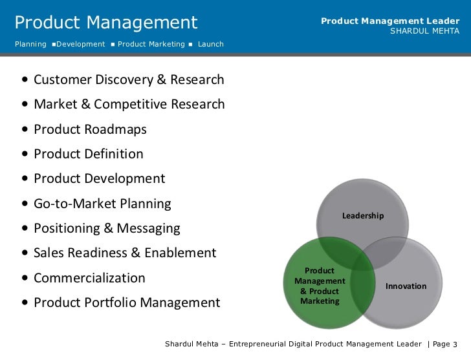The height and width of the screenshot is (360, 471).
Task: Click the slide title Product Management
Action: (105, 23)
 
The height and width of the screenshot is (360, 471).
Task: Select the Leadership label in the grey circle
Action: (363, 215)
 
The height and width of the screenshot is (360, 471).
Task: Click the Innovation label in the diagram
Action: (406, 286)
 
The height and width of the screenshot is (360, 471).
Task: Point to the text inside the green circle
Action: (320, 286)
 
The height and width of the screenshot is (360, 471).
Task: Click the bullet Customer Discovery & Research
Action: (129, 80)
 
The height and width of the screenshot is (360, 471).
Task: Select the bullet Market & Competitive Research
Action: (129, 105)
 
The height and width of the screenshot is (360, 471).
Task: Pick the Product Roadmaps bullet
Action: (90, 130)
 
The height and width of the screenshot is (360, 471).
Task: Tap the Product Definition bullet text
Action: (89, 154)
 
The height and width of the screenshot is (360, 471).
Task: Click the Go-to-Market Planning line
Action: (102, 204)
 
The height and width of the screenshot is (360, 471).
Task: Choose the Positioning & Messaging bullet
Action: (107, 229)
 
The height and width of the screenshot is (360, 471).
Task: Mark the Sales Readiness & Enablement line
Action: (125, 253)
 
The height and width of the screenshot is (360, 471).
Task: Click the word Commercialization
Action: (89, 278)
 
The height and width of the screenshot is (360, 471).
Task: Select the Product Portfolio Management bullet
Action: (127, 302)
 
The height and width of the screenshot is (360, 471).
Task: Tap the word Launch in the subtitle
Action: (211, 44)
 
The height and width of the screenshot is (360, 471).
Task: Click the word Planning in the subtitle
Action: (30, 44)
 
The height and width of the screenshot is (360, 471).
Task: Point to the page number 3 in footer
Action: (455, 343)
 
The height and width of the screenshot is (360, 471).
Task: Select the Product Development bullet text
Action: (100, 179)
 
